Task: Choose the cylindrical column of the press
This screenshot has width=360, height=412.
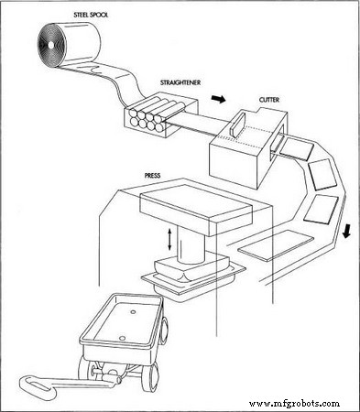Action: coord(193,247)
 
